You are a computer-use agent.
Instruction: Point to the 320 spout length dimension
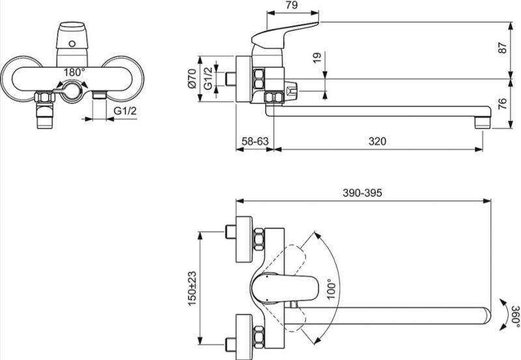tap(377, 141)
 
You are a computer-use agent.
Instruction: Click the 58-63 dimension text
tap(253, 141)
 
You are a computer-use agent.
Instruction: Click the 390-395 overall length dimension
tap(362, 193)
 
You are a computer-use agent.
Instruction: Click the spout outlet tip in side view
tap(481, 120)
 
